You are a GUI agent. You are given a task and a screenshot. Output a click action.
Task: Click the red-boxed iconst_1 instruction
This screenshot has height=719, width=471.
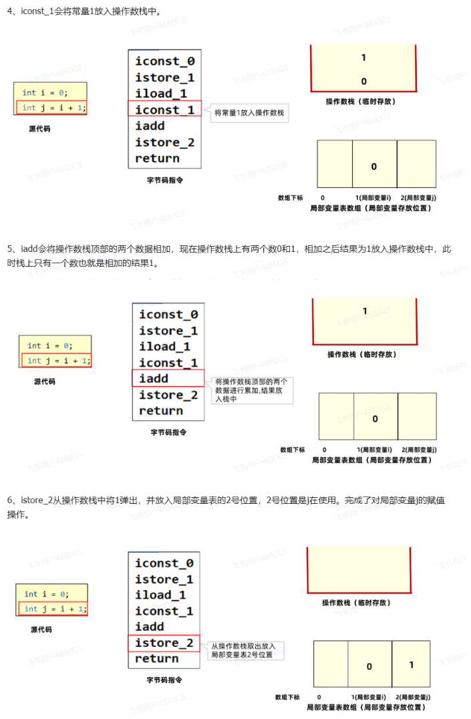[x=164, y=110]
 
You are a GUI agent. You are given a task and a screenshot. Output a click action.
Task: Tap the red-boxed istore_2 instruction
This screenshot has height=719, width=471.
[x=164, y=643]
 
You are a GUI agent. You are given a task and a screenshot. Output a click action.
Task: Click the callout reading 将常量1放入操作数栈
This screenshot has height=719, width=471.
[x=249, y=113]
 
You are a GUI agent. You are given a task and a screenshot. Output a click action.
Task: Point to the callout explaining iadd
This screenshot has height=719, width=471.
[x=253, y=390]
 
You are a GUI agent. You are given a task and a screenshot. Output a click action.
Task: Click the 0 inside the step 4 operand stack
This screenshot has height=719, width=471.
[x=363, y=82]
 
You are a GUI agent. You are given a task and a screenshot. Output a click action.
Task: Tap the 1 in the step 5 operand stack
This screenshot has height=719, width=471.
[x=365, y=311]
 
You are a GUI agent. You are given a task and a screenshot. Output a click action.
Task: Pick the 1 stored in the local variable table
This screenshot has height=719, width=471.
[x=412, y=665]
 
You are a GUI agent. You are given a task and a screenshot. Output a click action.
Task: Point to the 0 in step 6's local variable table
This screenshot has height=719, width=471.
[x=369, y=666]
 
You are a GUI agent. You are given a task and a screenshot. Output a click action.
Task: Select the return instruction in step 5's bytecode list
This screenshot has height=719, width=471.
[x=161, y=411]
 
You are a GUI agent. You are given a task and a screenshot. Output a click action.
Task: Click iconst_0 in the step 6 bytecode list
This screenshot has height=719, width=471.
[x=164, y=563]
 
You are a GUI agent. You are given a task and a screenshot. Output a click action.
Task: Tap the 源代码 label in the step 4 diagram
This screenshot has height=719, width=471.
[x=39, y=129]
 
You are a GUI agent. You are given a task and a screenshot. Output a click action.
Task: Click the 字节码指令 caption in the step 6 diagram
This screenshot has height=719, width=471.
[x=164, y=680]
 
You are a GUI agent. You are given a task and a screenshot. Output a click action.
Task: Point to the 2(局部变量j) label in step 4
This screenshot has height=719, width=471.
[x=418, y=198]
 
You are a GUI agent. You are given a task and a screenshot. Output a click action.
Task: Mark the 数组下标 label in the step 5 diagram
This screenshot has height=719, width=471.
[x=292, y=450]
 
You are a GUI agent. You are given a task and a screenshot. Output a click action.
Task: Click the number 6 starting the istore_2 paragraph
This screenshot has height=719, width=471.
[x=10, y=500]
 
